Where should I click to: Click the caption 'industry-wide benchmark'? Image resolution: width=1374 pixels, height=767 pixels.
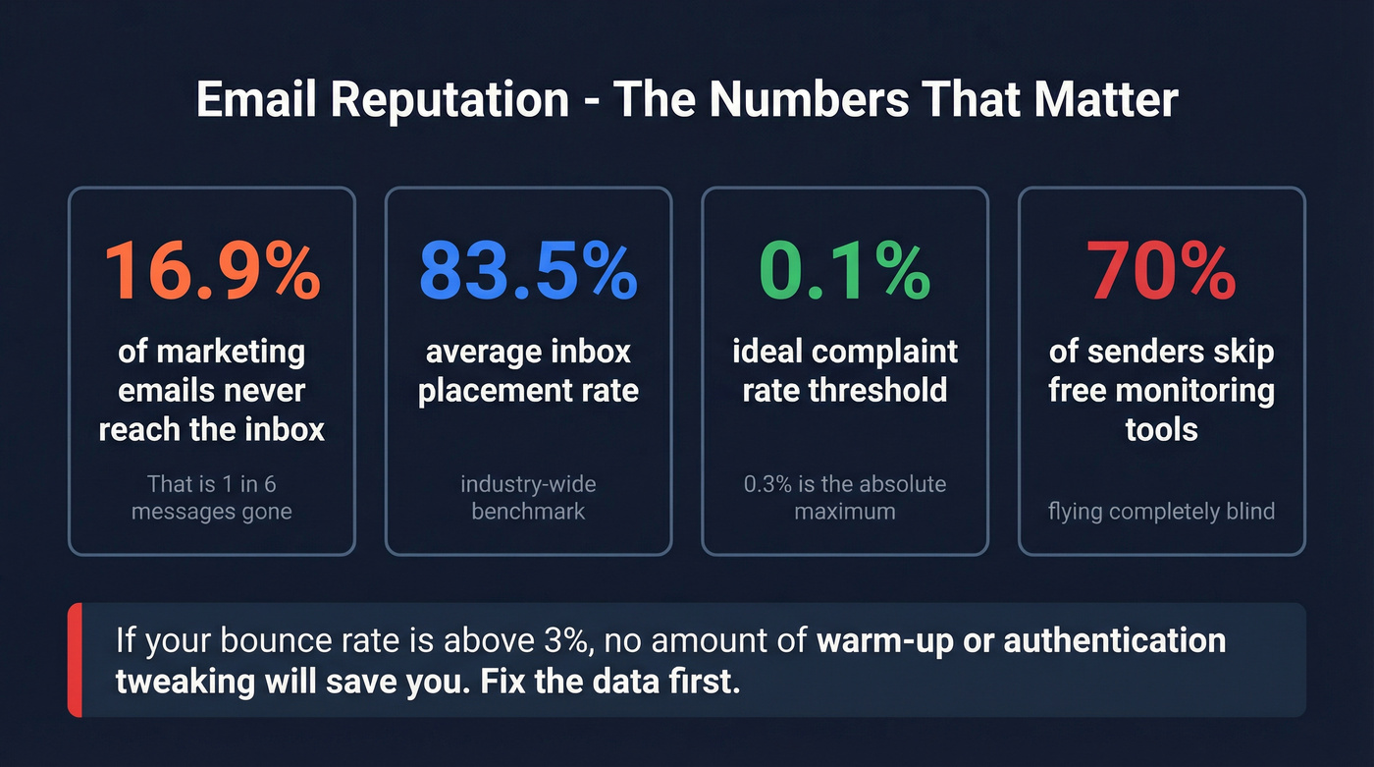click(528, 498)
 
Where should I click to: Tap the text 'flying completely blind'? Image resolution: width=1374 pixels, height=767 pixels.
click(1161, 511)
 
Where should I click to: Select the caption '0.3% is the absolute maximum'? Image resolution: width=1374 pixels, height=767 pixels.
click(845, 498)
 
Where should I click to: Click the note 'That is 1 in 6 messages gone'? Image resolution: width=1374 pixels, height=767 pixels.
click(211, 498)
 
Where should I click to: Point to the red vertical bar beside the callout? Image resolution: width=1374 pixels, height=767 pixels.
click(75, 660)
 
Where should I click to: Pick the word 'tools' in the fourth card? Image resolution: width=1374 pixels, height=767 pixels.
click(1161, 429)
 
